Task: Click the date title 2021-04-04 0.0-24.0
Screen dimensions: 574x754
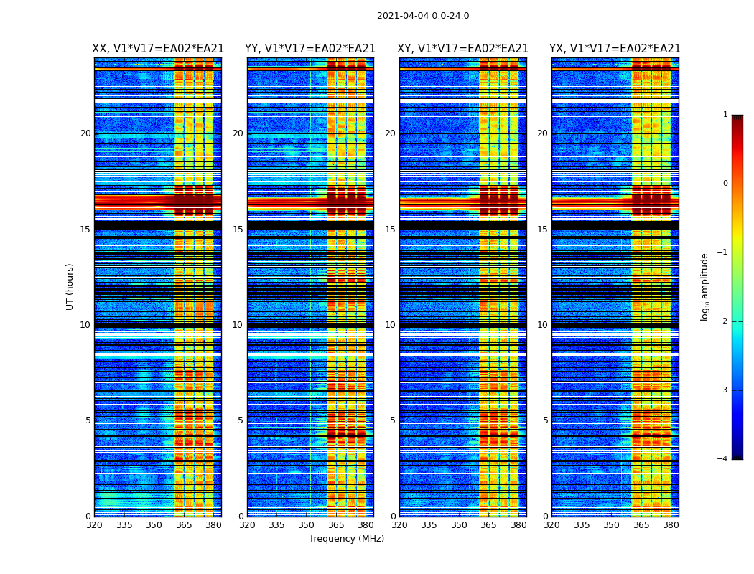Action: click(x=423, y=16)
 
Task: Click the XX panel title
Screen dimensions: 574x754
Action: click(x=158, y=49)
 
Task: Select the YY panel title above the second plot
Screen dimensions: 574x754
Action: click(x=310, y=49)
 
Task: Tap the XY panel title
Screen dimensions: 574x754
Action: click(x=463, y=49)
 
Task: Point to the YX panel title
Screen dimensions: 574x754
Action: click(x=615, y=49)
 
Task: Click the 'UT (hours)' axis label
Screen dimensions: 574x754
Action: click(x=70, y=286)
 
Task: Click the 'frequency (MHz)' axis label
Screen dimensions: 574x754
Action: click(x=347, y=539)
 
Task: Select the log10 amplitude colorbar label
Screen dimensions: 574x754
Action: click(x=705, y=286)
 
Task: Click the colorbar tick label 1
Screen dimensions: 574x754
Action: click(x=725, y=115)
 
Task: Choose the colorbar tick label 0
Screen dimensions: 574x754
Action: click(x=725, y=184)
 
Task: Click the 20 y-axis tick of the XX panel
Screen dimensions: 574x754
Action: click(x=85, y=133)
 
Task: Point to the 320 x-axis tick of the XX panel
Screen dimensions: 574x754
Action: click(x=94, y=525)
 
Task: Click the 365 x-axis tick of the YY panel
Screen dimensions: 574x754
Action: click(x=337, y=525)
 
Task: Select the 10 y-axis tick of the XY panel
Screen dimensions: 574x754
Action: click(x=390, y=325)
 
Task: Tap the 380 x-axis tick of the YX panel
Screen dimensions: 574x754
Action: click(x=671, y=525)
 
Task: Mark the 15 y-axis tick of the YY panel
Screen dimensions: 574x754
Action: click(x=238, y=230)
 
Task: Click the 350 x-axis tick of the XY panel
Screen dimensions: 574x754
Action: click(x=459, y=525)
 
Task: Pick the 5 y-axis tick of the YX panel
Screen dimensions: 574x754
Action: click(x=545, y=420)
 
